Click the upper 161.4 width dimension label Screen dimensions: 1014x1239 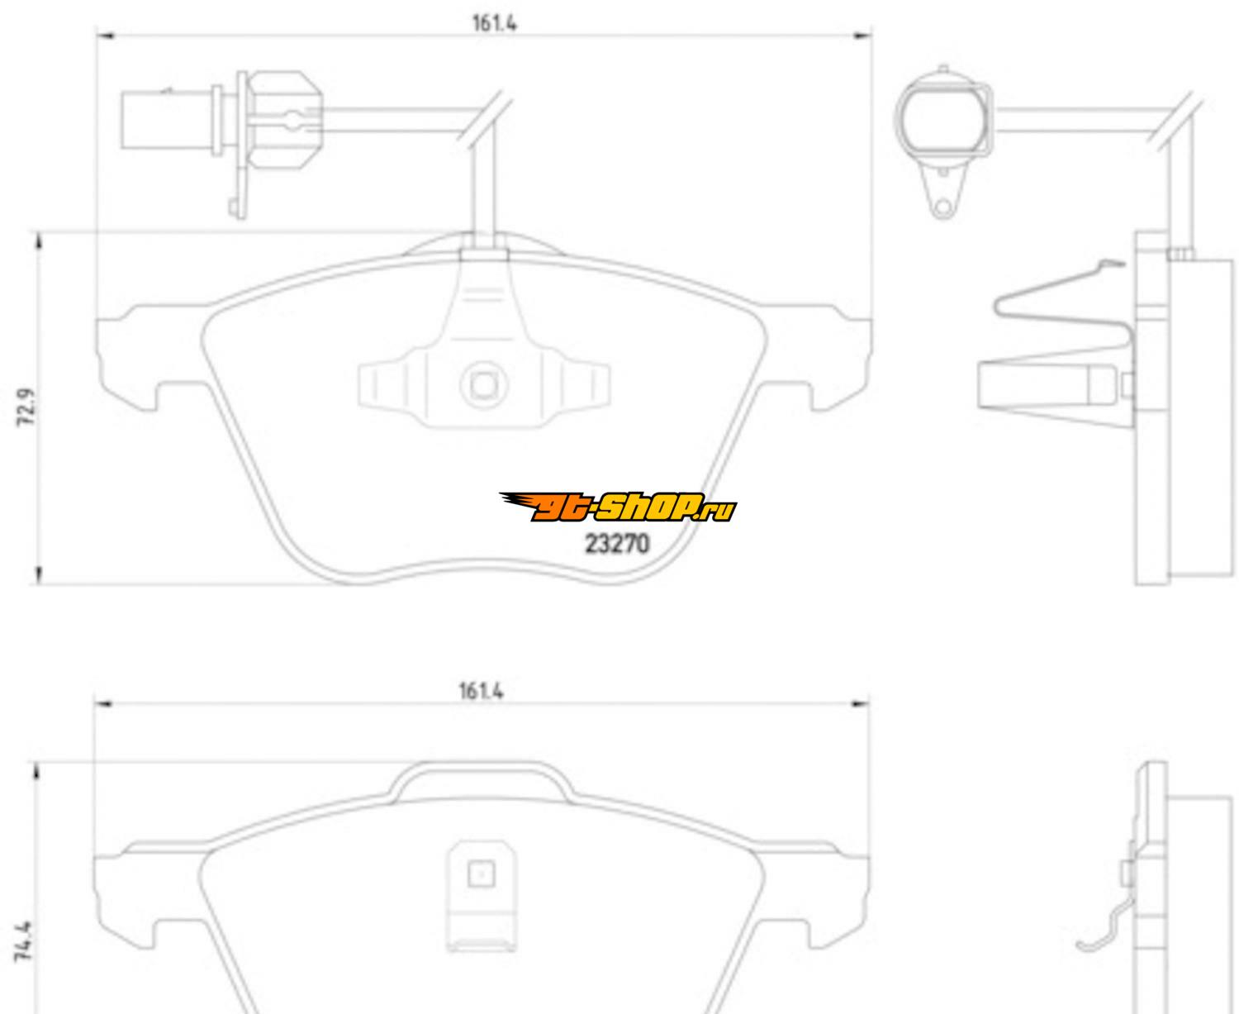pos(494,22)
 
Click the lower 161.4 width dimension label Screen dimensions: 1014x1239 pos(481,690)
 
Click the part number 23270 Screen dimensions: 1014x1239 pos(617,544)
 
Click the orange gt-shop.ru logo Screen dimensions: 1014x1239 pos(617,508)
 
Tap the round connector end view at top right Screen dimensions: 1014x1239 pos(944,121)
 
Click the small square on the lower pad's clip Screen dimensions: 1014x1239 pos(481,874)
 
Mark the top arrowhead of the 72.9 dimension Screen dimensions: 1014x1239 pos(38,240)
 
